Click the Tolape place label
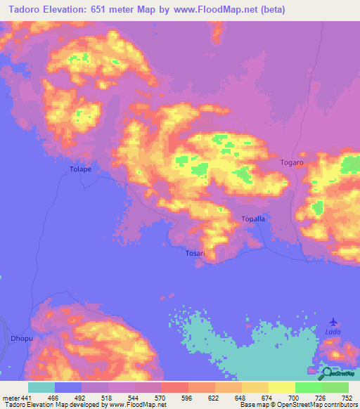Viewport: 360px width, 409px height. coord(81,169)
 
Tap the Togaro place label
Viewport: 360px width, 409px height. coord(291,162)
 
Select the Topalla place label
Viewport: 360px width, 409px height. coord(253,219)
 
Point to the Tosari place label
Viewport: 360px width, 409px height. coord(195,253)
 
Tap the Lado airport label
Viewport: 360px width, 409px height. coord(333,331)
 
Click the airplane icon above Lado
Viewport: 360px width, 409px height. coord(333,321)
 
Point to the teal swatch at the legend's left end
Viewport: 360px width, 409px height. coord(41,388)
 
